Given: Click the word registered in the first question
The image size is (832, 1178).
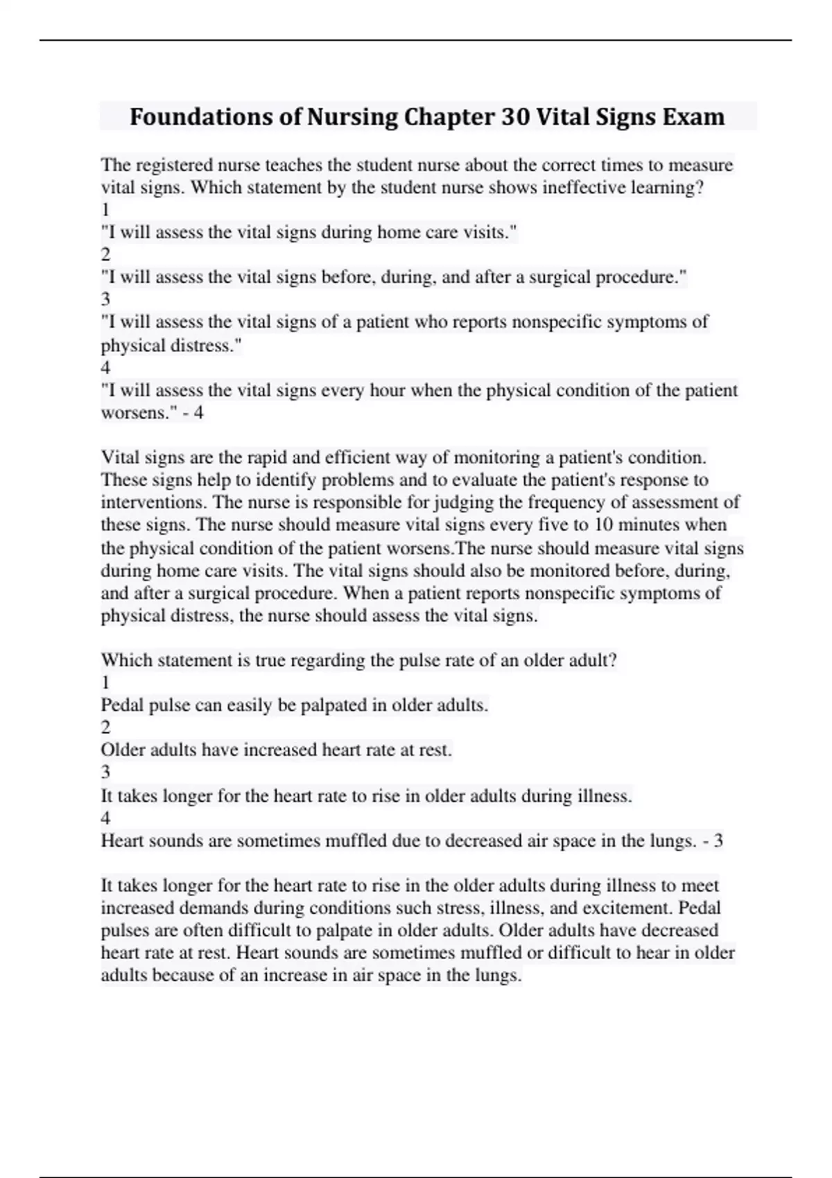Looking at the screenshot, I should point(175,165).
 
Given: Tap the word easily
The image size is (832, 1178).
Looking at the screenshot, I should point(250,705).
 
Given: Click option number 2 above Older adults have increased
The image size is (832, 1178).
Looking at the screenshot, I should point(105,728).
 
